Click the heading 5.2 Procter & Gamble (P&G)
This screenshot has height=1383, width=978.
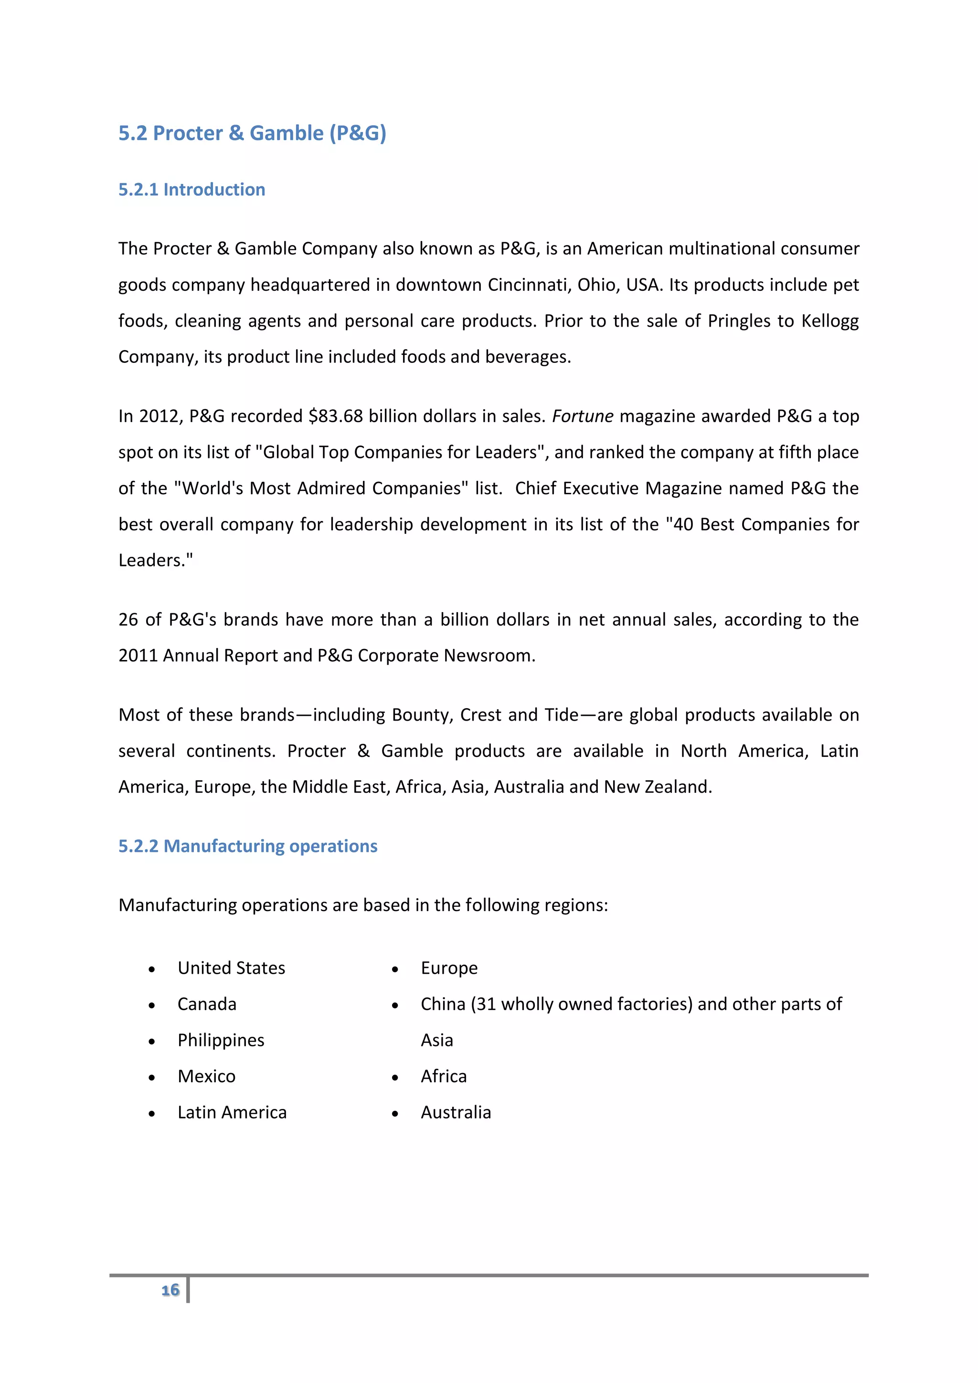pyautogui.click(x=252, y=133)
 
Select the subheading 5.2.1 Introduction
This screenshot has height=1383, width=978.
pyautogui.click(x=191, y=190)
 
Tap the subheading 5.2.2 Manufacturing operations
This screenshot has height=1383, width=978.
pyautogui.click(x=247, y=846)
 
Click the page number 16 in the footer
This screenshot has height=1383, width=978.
pyautogui.click(x=170, y=1289)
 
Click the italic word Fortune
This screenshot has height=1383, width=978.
pyautogui.click(x=582, y=416)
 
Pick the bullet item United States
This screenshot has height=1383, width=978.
pyautogui.click(x=231, y=968)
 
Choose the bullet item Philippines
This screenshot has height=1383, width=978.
pyautogui.click(x=221, y=1040)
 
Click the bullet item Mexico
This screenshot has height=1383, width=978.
pyautogui.click(x=207, y=1076)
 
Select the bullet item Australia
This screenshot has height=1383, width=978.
pyautogui.click(x=456, y=1113)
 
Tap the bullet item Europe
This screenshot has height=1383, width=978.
pyautogui.click(x=449, y=968)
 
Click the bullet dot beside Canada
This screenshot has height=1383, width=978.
pyautogui.click(x=152, y=1005)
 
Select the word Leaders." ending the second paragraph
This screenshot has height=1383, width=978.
pyautogui.click(x=155, y=561)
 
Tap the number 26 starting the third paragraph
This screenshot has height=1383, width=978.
pyautogui.click(x=128, y=620)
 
